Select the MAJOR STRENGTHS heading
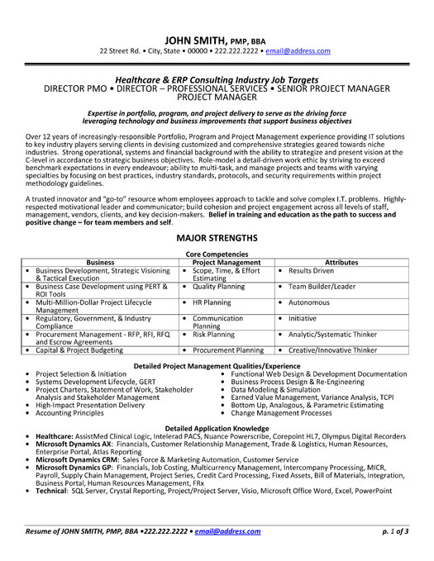pyautogui.click(x=217, y=237)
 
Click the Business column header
pyautogui.click(x=100, y=262)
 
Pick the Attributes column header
pyautogui.click(x=341, y=262)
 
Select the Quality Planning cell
pyautogui.click(x=219, y=287)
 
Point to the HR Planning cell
pyautogui.click(x=212, y=302)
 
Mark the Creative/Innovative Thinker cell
pyautogui.click(x=336, y=350)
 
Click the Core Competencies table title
pyautogui.click(x=217, y=254)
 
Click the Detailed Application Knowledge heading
pyautogui.click(x=217, y=427)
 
